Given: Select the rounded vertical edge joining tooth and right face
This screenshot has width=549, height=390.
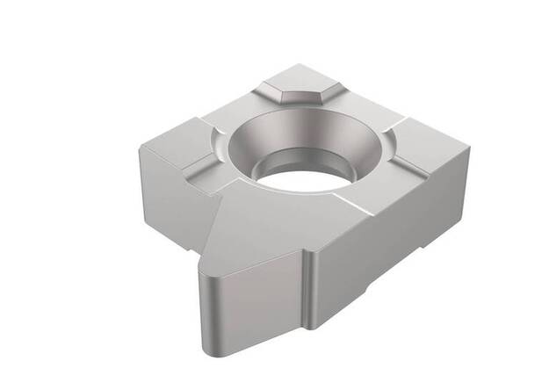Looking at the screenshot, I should tap(309, 290).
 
